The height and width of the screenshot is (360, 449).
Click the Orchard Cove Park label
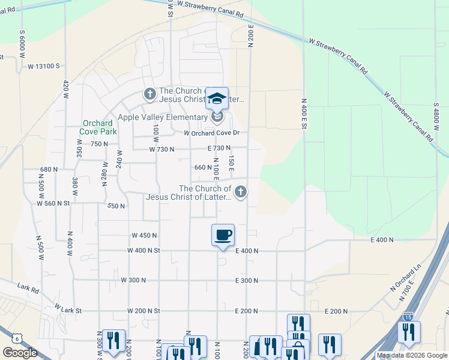(x=98, y=127)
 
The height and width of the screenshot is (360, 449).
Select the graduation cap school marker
(x=217, y=99)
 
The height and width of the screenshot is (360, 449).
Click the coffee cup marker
(x=223, y=235)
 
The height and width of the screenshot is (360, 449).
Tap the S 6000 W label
(x=22, y=43)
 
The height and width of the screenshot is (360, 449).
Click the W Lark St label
(x=67, y=308)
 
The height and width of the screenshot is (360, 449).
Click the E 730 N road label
(x=219, y=148)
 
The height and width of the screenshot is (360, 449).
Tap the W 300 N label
(x=133, y=280)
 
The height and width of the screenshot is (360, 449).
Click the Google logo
(x=20, y=352)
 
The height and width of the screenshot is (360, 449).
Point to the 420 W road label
(x=67, y=91)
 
